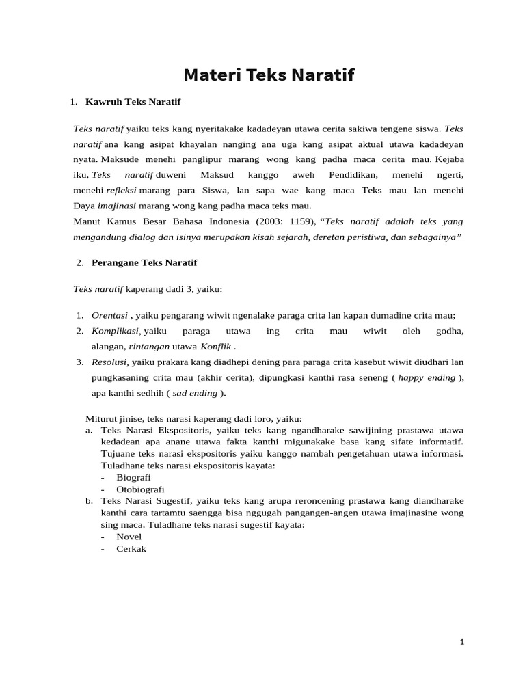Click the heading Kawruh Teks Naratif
(133, 102)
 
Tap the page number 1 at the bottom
(462, 642)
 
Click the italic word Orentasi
(109, 315)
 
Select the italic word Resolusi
(109, 362)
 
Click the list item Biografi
(133, 477)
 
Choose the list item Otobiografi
(140, 489)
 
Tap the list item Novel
(129, 537)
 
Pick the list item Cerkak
(131, 548)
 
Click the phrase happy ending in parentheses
(427, 377)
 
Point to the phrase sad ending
(195, 393)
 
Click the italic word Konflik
(215, 347)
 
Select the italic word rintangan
(149, 347)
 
